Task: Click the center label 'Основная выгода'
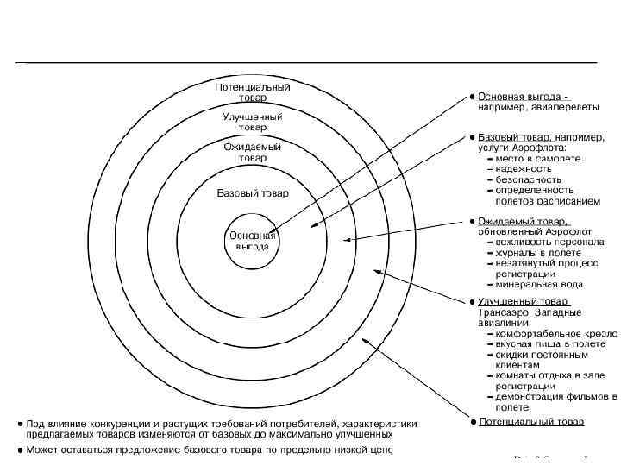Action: point(252,241)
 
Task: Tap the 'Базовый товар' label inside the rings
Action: point(253,193)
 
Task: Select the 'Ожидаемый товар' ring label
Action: point(252,153)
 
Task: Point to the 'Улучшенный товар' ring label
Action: point(252,123)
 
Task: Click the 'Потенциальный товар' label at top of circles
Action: point(252,93)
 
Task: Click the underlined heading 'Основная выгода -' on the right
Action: point(524,97)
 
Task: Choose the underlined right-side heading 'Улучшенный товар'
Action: point(523,301)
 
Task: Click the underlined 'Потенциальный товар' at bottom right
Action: point(531,422)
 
